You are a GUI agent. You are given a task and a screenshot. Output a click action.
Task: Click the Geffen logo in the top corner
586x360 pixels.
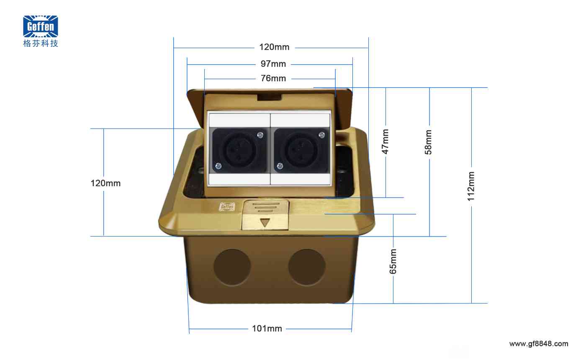coord(41,26)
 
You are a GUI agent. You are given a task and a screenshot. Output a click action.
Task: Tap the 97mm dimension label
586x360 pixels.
coord(273,64)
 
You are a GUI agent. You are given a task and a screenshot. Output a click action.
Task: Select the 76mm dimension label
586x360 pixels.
coord(273,78)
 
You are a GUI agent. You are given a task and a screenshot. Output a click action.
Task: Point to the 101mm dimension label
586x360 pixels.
coord(267,328)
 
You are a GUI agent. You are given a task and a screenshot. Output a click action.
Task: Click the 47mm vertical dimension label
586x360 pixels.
coord(385,141)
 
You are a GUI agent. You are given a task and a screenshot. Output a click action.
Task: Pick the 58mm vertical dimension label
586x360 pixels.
coord(428,142)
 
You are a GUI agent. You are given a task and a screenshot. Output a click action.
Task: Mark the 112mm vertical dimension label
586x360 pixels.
coord(471,186)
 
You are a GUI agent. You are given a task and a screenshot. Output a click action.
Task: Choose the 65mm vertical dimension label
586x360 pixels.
coord(393,261)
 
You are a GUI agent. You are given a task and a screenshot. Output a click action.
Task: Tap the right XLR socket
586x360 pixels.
coord(301,150)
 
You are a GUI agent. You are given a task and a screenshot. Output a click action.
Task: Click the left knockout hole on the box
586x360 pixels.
coord(232,267)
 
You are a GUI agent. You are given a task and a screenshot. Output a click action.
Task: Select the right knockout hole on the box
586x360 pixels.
coord(307,267)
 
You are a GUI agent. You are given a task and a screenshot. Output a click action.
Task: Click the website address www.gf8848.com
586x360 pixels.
coord(539,344)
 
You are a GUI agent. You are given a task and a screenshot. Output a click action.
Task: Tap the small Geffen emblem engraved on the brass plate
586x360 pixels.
coord(227,207)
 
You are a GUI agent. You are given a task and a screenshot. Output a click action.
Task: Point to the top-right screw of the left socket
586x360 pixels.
coord(260,135)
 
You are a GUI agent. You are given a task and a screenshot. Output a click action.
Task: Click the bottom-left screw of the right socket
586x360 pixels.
coord(280,166)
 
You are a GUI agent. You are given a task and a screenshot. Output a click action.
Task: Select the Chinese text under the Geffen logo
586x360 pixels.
coord(41,43)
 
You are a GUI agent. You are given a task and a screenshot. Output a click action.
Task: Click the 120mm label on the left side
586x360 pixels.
coord(105,183)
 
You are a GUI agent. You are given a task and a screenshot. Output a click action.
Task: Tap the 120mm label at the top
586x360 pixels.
coord(274,47)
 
